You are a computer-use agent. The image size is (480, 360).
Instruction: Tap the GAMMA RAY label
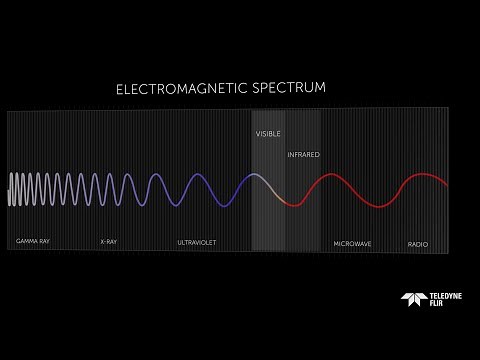(x=33, y=242)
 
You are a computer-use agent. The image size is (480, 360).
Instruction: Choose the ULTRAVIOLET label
(x=196, y=242)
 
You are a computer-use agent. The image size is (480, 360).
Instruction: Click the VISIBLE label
(x=268, y=132)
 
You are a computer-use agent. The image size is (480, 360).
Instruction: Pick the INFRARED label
(x=303, y=155)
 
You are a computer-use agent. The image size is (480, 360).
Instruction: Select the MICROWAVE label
(x=352, y=242)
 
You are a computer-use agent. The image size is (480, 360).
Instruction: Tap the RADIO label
(x=418, y=243)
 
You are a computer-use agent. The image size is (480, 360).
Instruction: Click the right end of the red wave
(x=447, y=187)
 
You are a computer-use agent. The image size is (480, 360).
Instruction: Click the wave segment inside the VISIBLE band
(x=268, y=183)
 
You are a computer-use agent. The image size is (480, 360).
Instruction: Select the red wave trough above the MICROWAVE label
(x=377, y=206)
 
